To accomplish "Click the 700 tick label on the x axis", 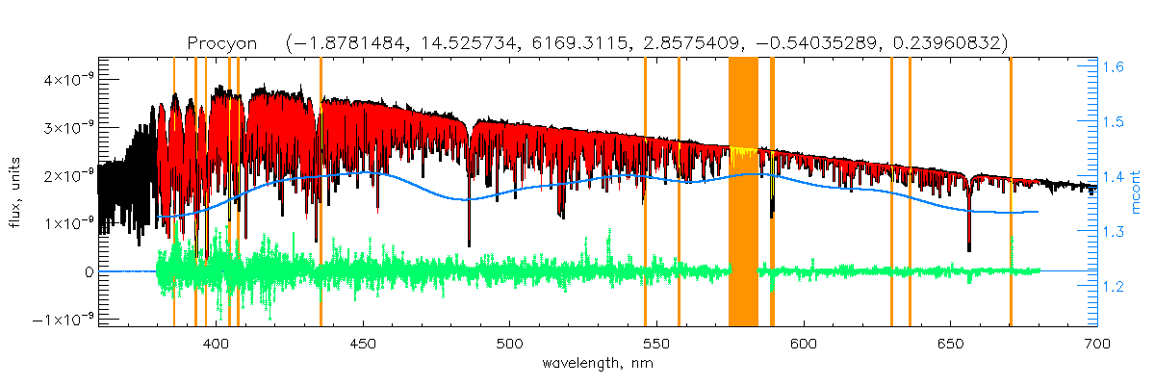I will pos(1097,344).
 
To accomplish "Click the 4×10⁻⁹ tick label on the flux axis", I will pos(66,79).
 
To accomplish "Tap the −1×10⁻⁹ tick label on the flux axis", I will pos(63,320).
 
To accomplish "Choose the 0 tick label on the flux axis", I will pos(89,271).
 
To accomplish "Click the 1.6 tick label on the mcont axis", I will pos(1116,67).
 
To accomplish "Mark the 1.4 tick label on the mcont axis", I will pos(1116,177).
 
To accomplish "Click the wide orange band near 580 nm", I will pos(743,192).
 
